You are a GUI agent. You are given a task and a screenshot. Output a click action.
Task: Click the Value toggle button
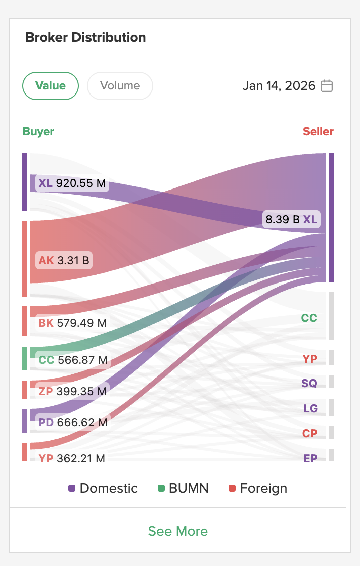tap(50, 86)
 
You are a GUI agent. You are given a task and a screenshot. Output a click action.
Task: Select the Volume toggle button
tap(120, 86)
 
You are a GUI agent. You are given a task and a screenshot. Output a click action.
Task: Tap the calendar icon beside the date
tap(327, 86)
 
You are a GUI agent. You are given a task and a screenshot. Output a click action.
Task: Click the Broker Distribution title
tap(85, 37)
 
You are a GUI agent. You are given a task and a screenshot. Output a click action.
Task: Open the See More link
tap(177, 531)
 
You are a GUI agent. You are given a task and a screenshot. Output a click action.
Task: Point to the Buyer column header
tap(38, 132)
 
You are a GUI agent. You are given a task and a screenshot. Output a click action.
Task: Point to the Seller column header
tap(318, 132)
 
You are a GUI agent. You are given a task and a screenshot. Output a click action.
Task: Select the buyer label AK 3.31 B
tap(64, 260)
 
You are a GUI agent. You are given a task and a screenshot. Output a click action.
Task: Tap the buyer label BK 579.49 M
tap(73, 323)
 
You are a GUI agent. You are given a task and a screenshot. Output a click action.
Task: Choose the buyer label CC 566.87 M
tap(73, 360)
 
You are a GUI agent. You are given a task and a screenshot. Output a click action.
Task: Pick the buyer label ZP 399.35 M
tap(73, 391)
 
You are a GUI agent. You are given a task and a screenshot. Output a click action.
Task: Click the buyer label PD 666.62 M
tap(73, 423)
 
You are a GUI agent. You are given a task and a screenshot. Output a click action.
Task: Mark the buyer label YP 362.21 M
tap(72, 458)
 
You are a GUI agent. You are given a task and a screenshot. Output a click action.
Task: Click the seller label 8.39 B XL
tap(292, 219)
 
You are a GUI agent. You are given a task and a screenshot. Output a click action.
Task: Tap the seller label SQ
tap(309, 383)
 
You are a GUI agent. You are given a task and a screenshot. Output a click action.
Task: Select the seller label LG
tap(310, 408)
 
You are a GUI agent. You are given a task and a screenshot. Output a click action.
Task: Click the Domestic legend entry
tap(103, 488)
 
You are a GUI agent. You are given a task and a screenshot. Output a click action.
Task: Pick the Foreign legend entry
tap(258, 488)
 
